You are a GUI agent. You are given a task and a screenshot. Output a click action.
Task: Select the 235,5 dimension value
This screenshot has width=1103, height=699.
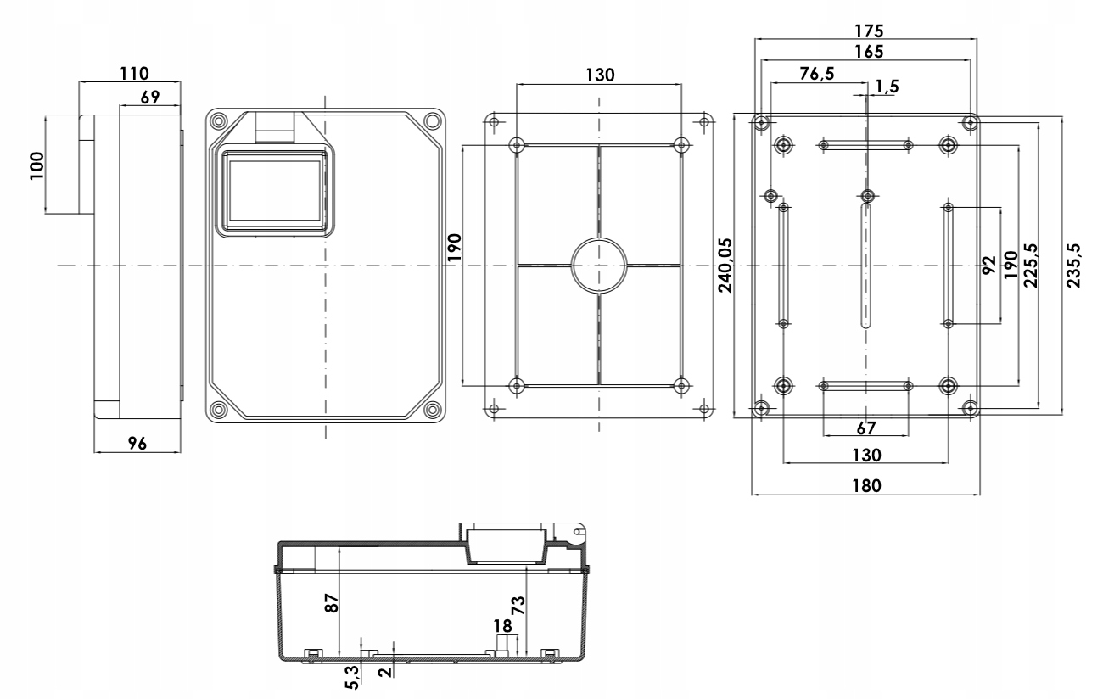(x=1074, y=265)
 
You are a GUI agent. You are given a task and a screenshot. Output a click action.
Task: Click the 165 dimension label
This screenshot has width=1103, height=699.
(x=865, y=51)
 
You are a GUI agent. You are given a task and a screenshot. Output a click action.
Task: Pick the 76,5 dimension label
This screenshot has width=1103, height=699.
(x=816, y=74)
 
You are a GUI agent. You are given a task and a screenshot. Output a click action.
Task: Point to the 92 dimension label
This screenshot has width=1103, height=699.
(x=988, y=266)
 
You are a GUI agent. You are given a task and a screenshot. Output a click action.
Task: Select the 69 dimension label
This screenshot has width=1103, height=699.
(x=149, y=97)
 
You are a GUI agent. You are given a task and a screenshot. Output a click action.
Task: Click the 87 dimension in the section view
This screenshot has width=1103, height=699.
(x=333, y=602)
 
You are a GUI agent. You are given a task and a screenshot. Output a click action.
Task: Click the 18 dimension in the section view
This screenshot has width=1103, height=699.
(x=503, y=626)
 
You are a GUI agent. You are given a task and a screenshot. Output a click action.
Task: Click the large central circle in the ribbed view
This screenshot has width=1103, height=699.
(x=599, y=266)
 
